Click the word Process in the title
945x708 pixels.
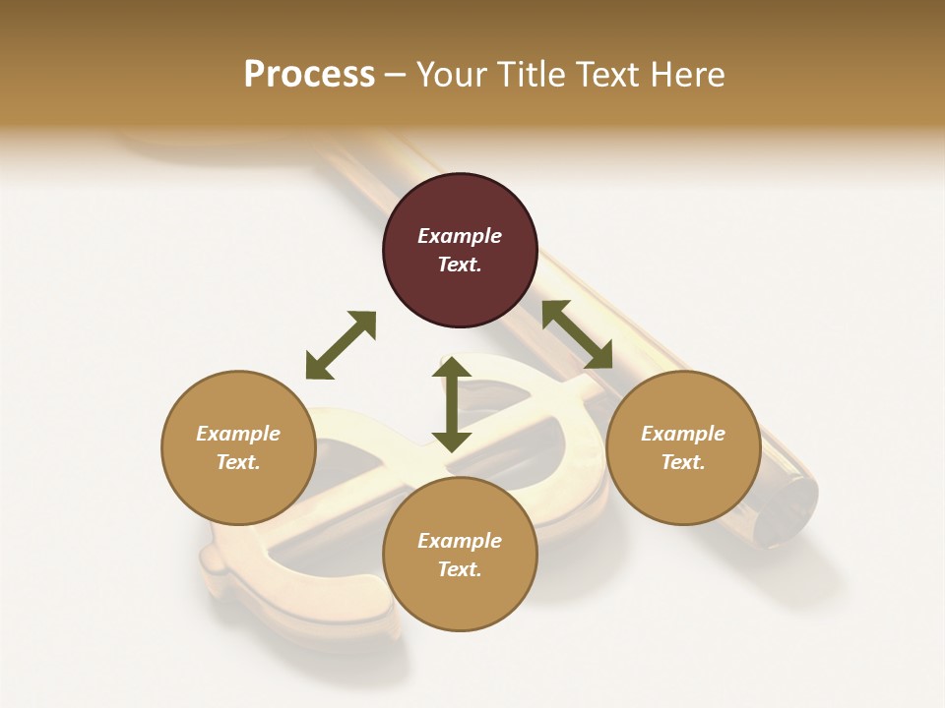309,75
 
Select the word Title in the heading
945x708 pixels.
533,75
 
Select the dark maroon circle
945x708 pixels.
460,251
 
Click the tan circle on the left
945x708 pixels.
238,447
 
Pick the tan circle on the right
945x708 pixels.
683,447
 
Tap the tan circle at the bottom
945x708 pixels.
460,555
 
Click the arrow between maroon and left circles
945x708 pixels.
341,345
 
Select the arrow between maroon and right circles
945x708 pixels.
578,334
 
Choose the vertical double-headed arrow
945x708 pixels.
452,404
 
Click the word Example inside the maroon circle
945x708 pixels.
460,236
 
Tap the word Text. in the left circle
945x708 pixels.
238,462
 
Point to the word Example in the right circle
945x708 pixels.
683,434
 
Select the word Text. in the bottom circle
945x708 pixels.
460,569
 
